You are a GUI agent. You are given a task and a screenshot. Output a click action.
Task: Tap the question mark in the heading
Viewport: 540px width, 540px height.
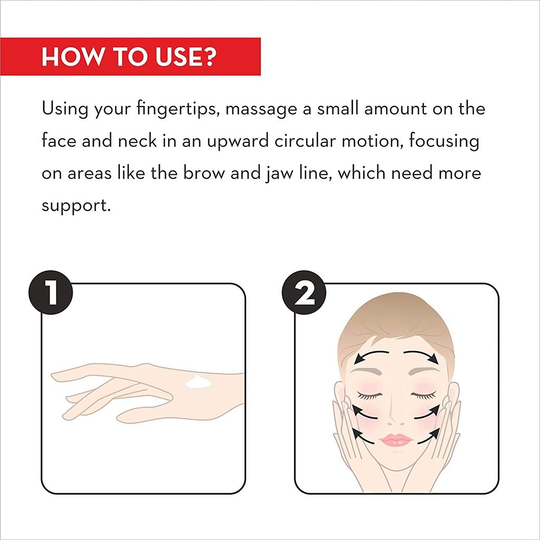tap(207, 56)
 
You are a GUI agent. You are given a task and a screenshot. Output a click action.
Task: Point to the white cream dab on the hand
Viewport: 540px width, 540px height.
tap(199, 381)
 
